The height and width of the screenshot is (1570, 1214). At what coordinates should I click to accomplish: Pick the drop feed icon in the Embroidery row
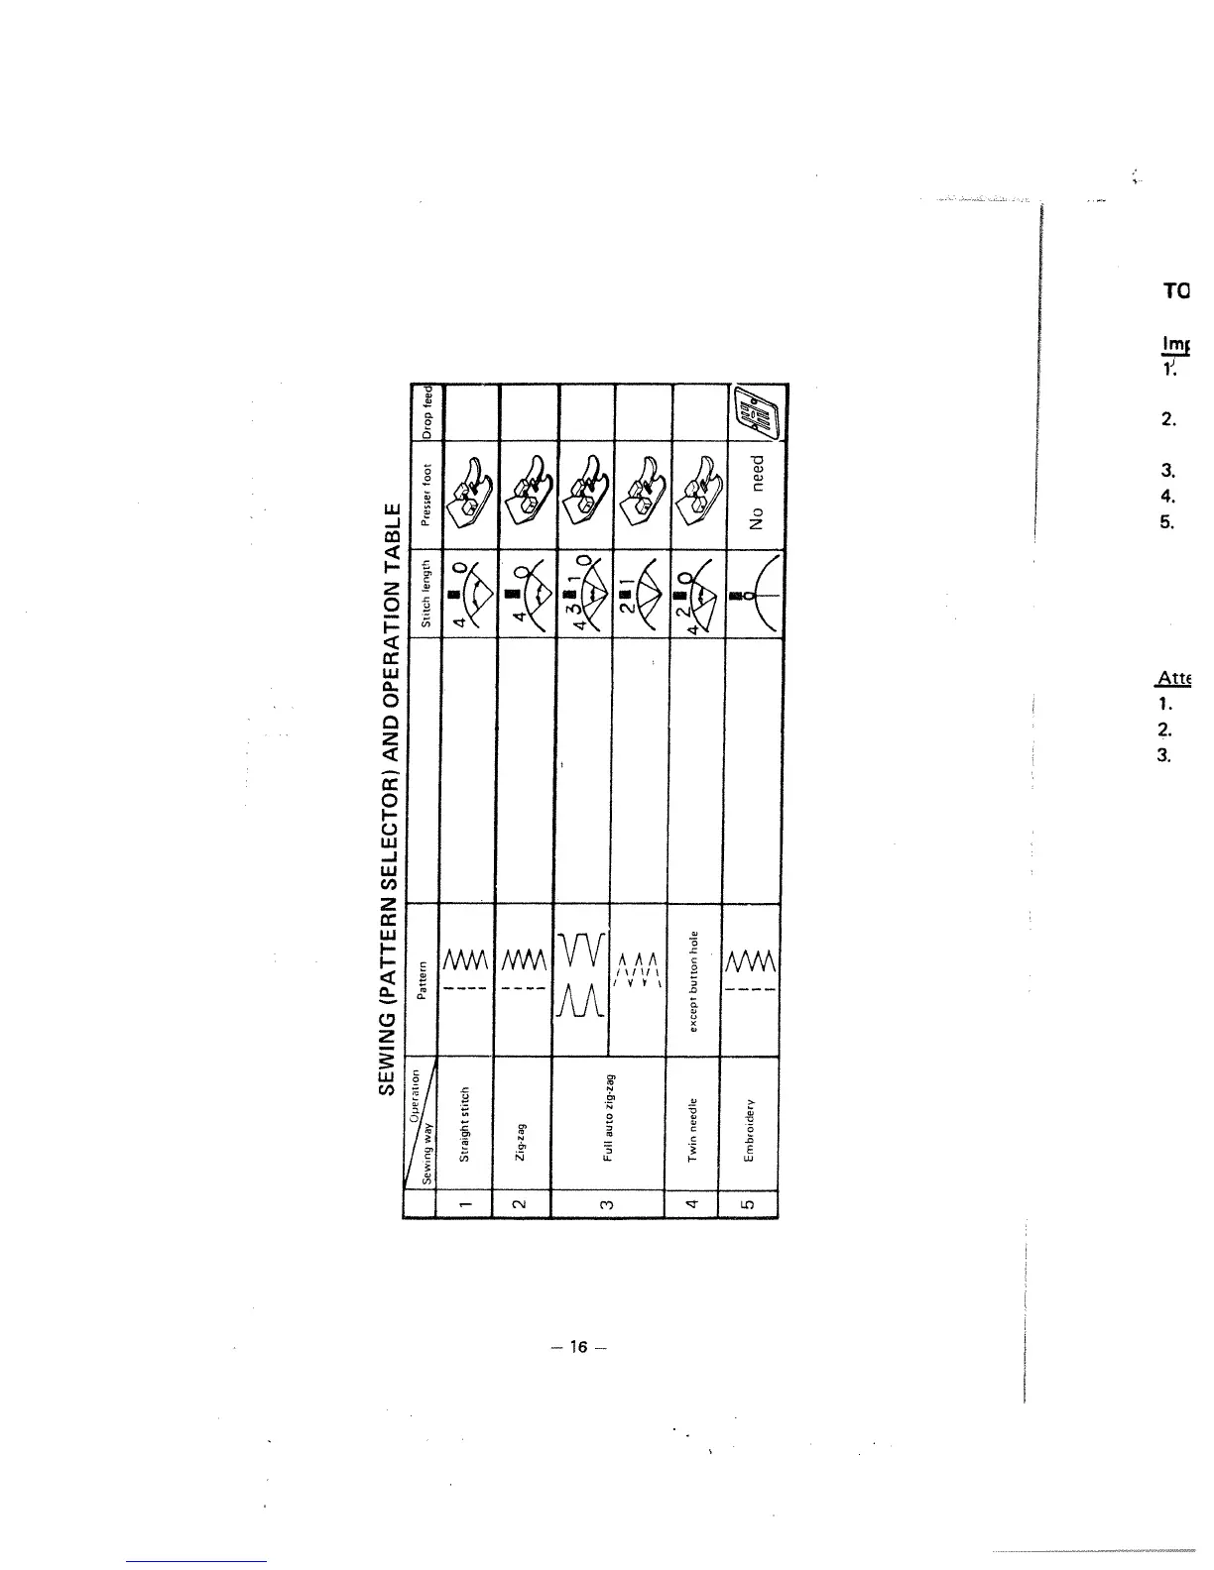pyautogui.click(x=757, y=416)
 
